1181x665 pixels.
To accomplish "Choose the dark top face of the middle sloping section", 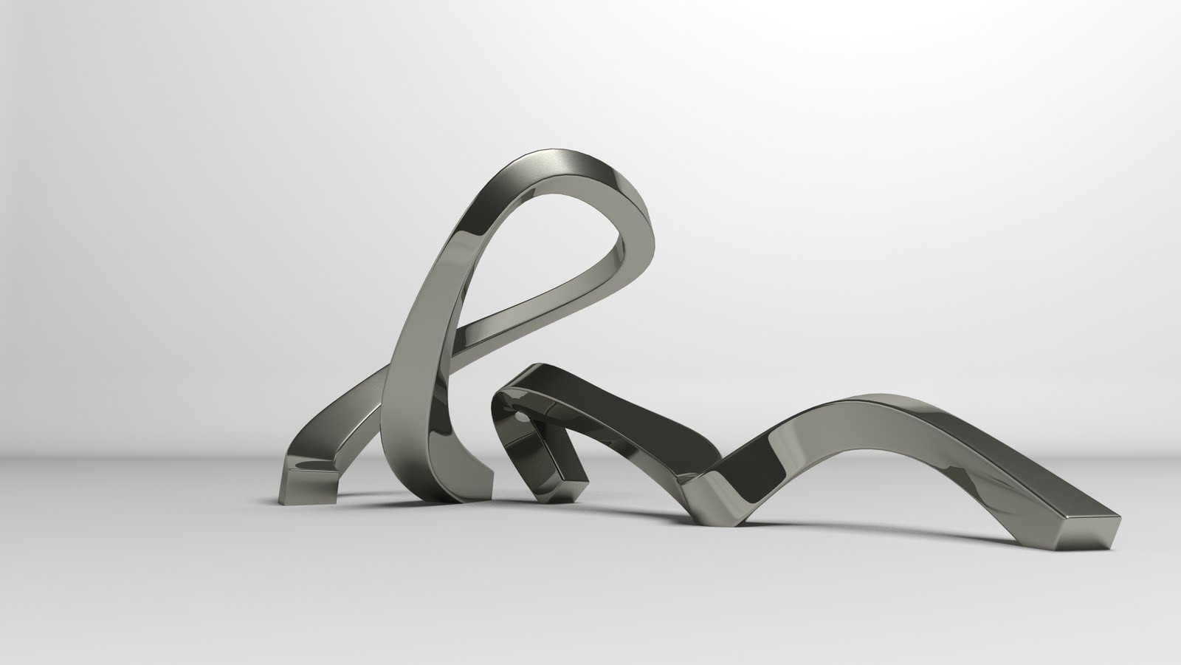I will tap(650, 414).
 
